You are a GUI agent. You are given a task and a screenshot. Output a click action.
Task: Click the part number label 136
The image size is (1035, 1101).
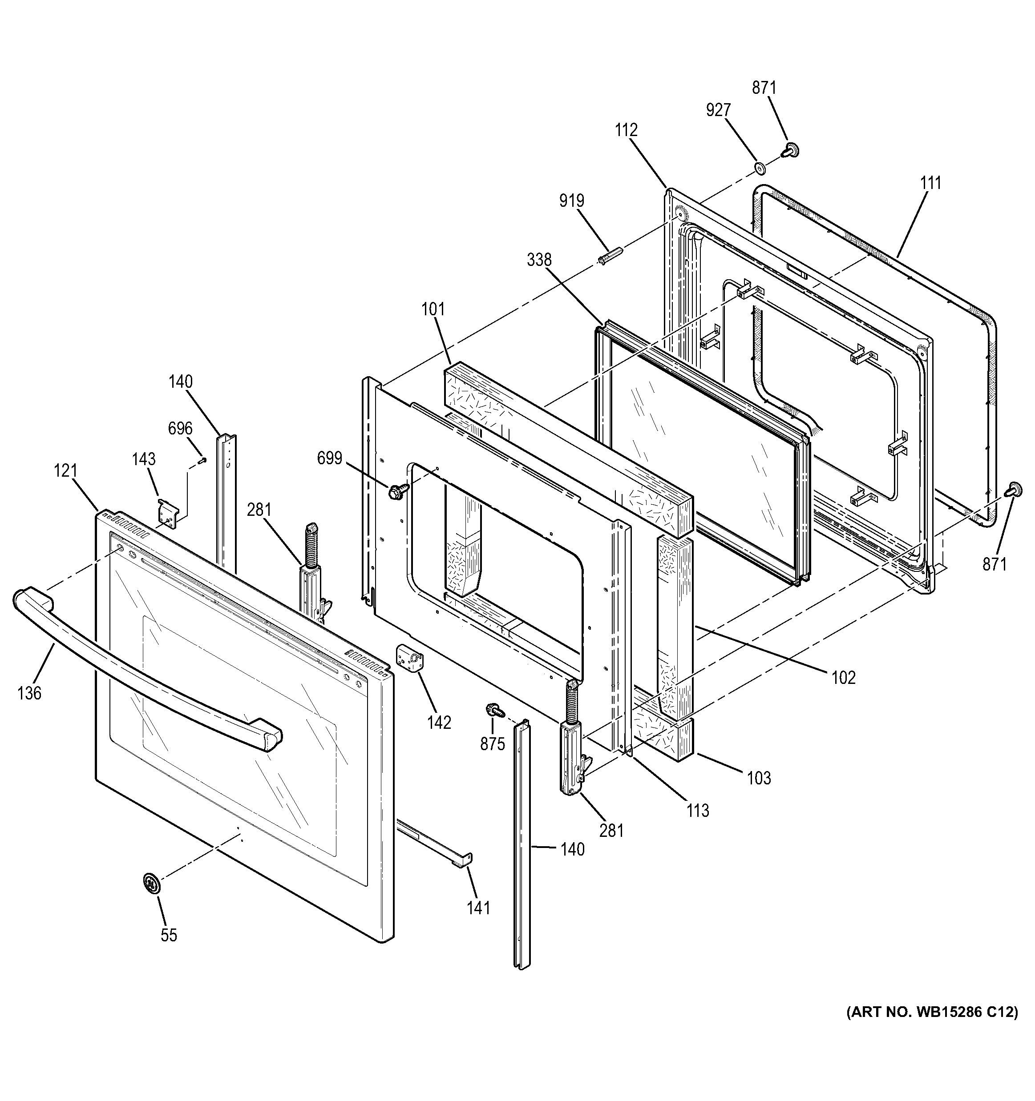(x=29, y=693)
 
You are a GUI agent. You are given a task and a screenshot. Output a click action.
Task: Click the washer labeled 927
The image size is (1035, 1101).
(x=760, y=167)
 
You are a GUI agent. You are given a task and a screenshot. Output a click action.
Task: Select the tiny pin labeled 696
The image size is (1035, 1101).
(x=203, y=458)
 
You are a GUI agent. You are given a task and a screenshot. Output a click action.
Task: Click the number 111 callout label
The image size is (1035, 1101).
(x=930, y=183)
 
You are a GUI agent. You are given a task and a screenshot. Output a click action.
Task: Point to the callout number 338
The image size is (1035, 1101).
(x=539, y=259)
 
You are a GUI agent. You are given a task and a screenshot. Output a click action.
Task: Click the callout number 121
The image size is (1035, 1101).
(x=65, y=471)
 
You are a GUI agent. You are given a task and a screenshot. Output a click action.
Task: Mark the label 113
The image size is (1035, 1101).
(x=698, y=811)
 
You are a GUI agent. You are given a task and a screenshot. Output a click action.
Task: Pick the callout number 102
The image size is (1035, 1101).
(x=843, y=677)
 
